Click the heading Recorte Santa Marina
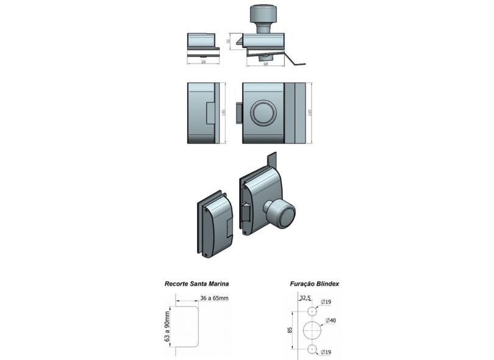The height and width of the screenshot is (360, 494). [196, 284]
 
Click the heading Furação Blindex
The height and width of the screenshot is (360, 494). [315, 284]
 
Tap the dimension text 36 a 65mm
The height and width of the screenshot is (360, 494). [214, 298]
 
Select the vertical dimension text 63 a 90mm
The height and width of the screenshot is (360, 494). [166, 328]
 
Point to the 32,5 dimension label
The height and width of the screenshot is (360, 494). [304, 298]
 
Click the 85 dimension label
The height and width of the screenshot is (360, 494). [290, 329]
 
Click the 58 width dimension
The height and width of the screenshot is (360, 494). [202, 62]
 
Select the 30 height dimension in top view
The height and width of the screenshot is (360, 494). [228, 41]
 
